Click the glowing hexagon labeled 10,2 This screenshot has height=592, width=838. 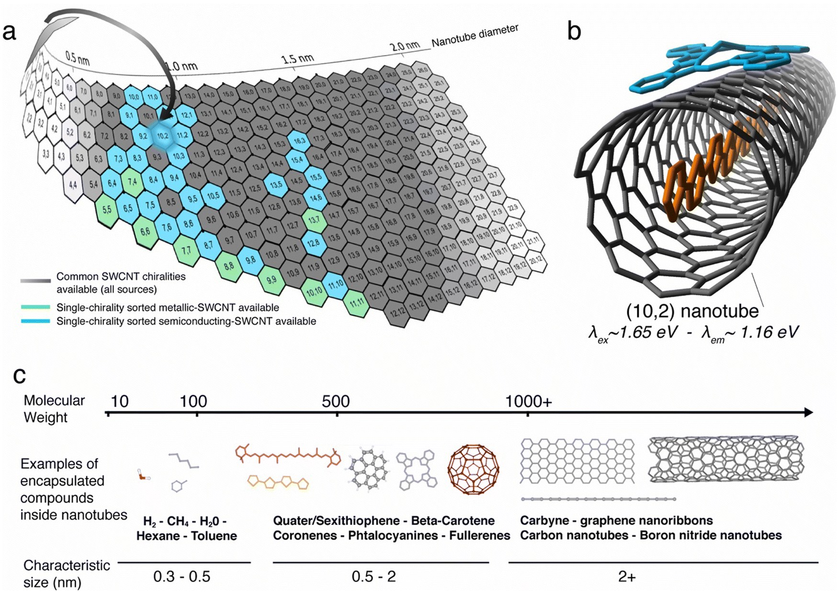tap(163, 136)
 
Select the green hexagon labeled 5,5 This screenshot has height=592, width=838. tap(106, 210)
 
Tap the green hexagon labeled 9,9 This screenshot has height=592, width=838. tap(272, 280)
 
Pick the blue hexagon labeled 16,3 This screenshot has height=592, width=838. tap(299, 141)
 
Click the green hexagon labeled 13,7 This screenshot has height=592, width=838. tap(314, 220)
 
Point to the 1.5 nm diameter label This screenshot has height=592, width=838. tap(297, 59)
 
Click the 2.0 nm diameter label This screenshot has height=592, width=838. tap(405, 46)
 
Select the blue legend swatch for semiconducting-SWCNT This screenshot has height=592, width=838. tap(36, 321)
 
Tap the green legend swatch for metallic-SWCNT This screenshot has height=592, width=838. tap(36, 307)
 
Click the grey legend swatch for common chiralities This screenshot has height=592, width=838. tap(36, 281)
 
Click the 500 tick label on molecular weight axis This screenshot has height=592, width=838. tap(336, 401)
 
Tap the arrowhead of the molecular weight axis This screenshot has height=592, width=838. tap(808, 412)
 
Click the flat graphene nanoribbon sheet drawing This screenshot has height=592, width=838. tap(578, 460)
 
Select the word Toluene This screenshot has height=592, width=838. tap(214, 536)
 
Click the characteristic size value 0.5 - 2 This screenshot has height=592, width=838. tap(374, 577)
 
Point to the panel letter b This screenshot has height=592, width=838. tap(574, 31)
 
